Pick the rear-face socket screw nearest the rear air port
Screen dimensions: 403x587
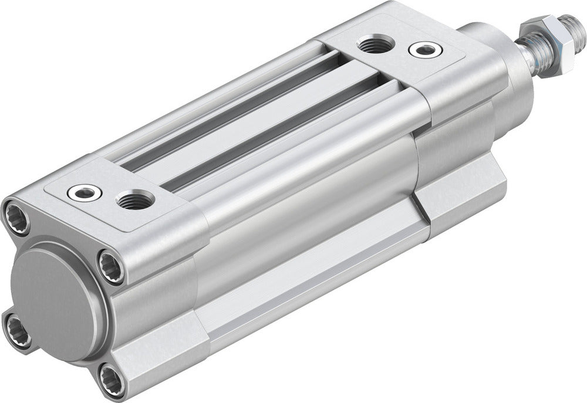(110, 267)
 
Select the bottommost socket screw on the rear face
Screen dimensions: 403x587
(111, 380)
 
